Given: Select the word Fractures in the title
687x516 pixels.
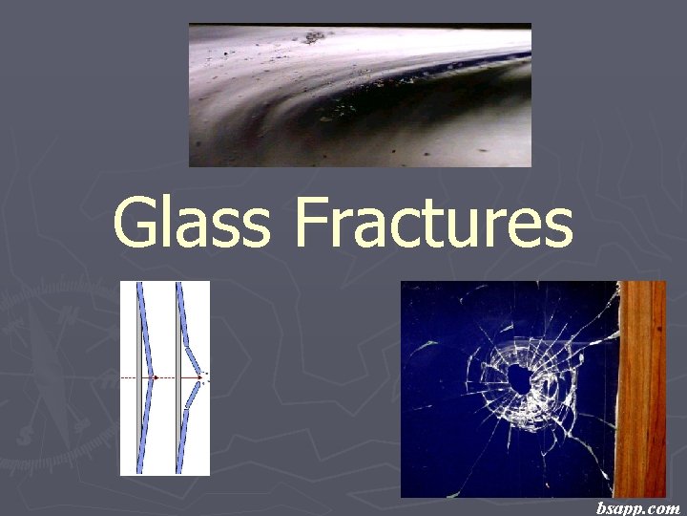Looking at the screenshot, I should click(434, 224).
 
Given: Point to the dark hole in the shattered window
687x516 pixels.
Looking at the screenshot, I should click(521, 378).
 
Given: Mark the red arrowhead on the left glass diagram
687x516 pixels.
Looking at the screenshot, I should click(156, 378).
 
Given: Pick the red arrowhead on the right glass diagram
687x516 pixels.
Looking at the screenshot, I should click(198, 378).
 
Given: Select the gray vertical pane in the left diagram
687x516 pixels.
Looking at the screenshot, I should click(140, 378).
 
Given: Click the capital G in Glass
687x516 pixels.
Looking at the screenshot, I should click(135, 224).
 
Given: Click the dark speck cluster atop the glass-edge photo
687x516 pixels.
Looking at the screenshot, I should click(312, 37).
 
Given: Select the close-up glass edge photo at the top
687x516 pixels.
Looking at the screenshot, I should click(360, 96).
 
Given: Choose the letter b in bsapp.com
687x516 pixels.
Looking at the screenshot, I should click(601, 507).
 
